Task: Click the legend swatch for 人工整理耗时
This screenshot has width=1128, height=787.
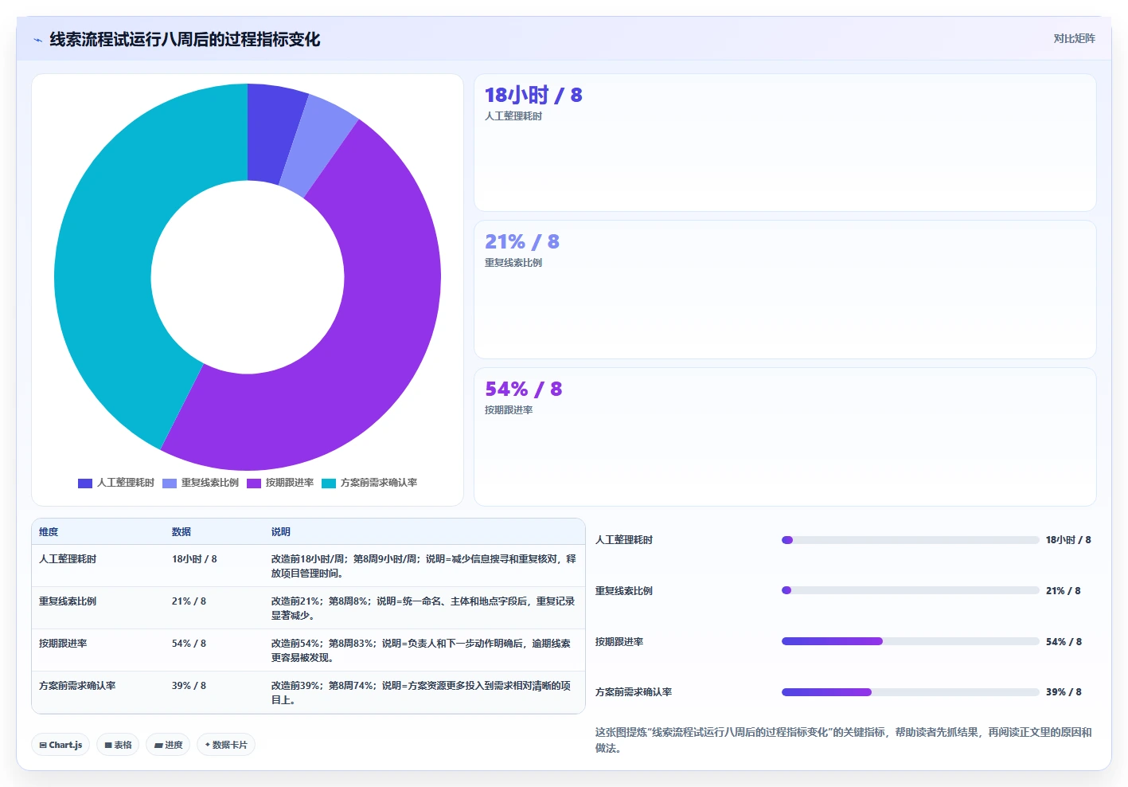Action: point(85,484)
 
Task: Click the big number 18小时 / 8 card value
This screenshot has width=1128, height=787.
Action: point(533,95)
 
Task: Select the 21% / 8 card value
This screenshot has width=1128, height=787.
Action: point(521,242)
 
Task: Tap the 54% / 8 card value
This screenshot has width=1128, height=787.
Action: point(523,389)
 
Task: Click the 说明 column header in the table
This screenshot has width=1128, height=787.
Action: point(280,531)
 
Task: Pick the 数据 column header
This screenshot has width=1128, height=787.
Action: point(181,531)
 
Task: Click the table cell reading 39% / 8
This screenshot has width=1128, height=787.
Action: point(189,686)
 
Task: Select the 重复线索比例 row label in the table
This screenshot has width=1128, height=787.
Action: point(68,601)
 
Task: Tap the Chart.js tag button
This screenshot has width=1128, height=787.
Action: point(60,745)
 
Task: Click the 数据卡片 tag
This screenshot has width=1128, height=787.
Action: point(225,745)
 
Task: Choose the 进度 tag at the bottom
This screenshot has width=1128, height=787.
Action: point(168,745)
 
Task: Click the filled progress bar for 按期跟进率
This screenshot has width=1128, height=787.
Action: point(832,641)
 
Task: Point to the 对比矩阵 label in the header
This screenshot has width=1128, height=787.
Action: point(1074,39)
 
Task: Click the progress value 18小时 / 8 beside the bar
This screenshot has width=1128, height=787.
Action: point(1068,540)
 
